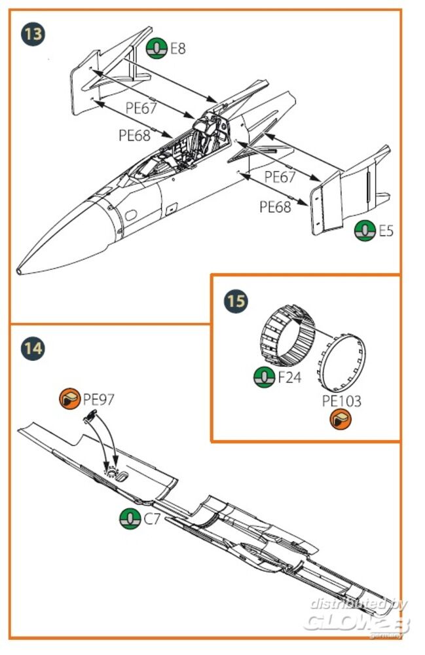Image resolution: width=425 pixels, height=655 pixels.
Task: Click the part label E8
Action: [x=177, y=48]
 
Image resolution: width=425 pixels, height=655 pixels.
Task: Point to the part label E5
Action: [x=386, y=231]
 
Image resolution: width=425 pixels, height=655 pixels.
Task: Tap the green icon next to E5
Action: [x=365, y=231]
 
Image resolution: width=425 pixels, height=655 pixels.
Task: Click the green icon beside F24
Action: [x=264, y=377]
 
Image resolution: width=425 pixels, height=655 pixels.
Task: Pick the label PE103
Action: [x=341, y=400]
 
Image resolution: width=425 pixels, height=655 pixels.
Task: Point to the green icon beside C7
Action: [x=130, y=518]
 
